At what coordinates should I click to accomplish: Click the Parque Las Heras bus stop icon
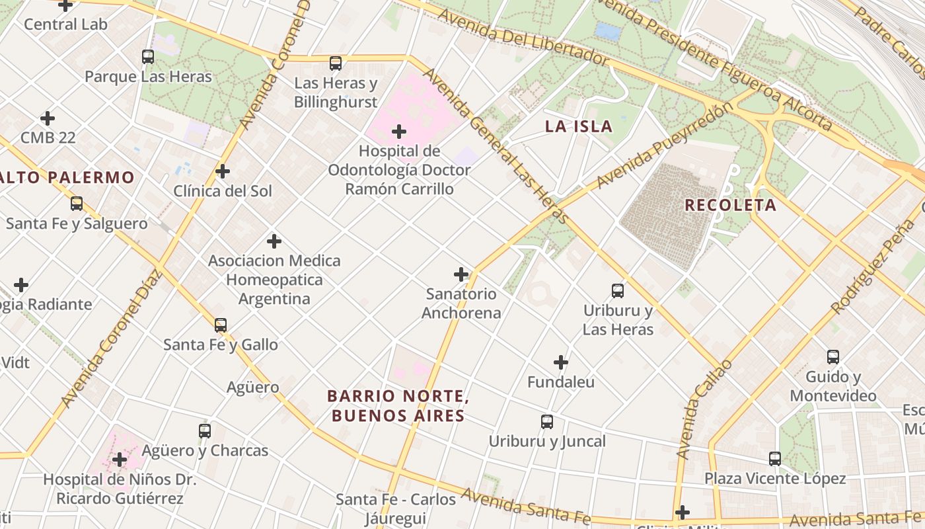(148, 57)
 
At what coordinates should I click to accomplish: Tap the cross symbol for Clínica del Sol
(223, 171)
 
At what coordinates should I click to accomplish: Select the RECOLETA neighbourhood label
(730, 205)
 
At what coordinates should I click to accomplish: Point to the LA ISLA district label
(579, 126)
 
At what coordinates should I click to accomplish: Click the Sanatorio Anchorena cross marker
(461, 274)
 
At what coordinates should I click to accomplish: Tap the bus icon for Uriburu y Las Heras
(618, 290)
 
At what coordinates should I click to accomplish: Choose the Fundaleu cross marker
(561, 362)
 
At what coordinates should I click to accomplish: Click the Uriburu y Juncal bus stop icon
(547, 422)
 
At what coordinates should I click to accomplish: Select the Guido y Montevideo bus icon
(833, 357)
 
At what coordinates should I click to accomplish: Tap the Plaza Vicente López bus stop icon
(775, 459)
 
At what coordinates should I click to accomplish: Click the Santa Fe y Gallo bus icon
(221, 325)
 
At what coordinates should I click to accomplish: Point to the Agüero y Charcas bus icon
(205, 431)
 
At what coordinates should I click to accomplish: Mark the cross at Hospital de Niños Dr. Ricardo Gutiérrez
(120, 459)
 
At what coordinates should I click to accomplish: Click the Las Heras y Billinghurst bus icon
(336, 63)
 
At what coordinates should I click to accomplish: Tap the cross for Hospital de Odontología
(399, 132)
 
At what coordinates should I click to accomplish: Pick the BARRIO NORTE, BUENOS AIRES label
(398, 406)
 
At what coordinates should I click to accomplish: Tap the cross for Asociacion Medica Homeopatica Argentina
(274, 241)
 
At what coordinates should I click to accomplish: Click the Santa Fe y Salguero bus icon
(77, 204)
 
